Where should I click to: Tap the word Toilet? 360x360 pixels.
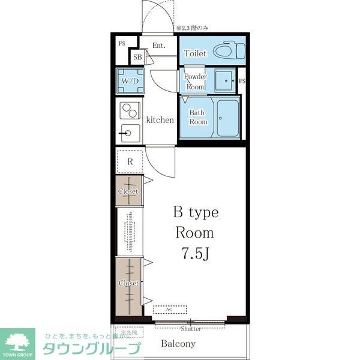[195, 53]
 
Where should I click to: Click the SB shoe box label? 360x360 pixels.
[137, 58]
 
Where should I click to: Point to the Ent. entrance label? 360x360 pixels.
[158, 45]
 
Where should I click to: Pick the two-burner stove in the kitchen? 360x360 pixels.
[128, 110]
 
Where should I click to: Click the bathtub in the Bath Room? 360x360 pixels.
[227, 118]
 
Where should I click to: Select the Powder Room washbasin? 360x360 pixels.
[226, 80]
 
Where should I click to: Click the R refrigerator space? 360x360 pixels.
[130, 161]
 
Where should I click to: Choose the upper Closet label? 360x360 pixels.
[128, 191]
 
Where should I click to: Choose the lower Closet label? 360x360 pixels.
[128, 283]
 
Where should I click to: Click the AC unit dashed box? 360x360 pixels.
[170, 310]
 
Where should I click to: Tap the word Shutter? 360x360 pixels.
[191, 329]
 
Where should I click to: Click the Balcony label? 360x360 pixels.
[178, 344]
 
